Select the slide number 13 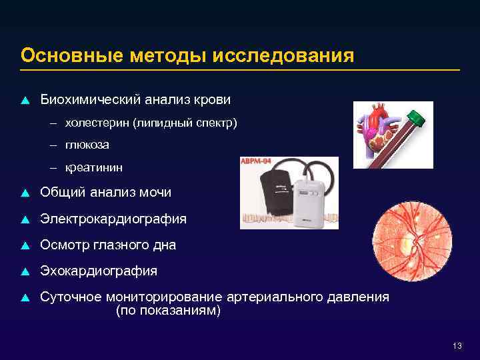(x=457, y=345)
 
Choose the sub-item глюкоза (x=87, y=145)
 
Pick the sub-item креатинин (x=94, y=166)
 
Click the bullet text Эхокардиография (x=99, y=271)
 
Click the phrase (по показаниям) (x=167, y=311)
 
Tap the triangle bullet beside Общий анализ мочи (x=25, y=193)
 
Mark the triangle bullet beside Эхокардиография (x=25, y=271)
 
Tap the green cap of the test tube (x=417, y=118)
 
